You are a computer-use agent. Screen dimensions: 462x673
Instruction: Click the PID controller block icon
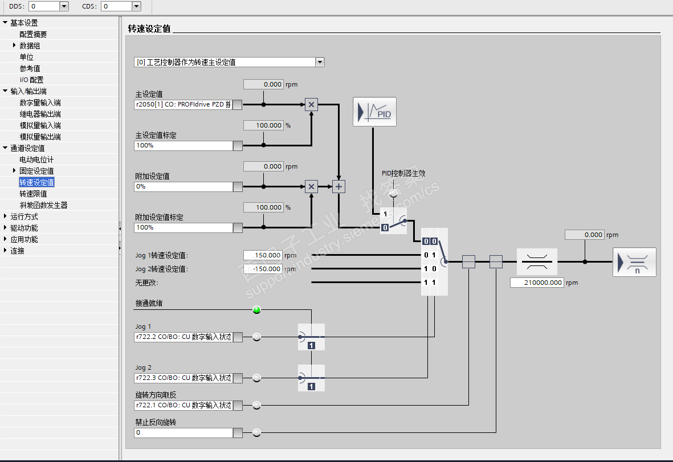point(374,112)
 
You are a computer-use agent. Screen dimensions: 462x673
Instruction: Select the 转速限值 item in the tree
point(33,194)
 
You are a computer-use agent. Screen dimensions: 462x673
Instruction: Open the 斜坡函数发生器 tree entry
point(43,205)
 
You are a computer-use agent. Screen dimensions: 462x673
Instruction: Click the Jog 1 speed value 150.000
point(263,255)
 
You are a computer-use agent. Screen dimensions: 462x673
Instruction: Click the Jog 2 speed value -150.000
point(263,269)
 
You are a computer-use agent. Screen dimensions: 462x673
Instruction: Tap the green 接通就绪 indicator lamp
point(256,310)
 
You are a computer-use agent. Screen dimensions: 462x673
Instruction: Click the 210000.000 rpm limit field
point(537,283)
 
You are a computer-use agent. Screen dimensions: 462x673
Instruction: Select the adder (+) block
point(339,186)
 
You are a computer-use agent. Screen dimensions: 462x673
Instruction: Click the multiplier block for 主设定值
point(311,104)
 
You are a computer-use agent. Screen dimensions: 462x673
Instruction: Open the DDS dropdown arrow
point(64,6)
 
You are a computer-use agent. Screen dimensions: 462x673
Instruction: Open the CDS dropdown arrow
point(136,6)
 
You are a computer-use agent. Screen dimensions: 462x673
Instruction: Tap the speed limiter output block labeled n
point(634,262)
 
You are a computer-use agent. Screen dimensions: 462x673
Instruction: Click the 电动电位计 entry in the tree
point(36,160)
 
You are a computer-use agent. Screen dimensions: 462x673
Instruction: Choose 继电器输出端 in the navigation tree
point(40,114)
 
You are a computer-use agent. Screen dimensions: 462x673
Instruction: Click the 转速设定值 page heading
point(149,29)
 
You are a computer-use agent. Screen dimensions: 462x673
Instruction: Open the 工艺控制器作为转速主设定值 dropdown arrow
point(320,62)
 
